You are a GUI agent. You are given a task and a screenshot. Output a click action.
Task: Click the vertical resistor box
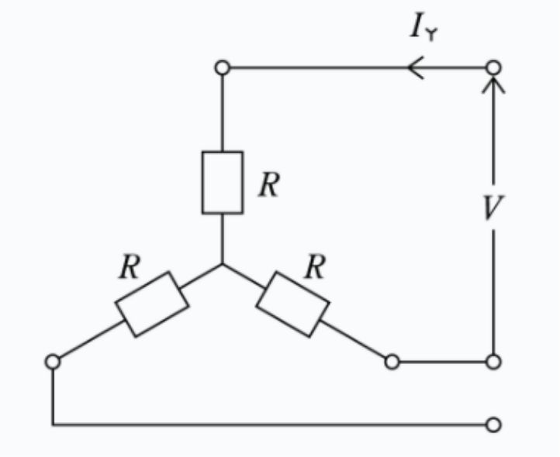pyautogui.click(x=202, y=182)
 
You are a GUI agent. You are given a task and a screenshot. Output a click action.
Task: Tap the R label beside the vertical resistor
pyautogui.click(x=269, y=184)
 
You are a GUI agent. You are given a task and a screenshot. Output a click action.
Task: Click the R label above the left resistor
pyautogui.click(x=130, y=266)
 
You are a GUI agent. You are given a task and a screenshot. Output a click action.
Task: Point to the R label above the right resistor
pyautogui.click(x=315, y=266)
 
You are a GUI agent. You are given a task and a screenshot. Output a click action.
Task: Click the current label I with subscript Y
pyautogui.click(x=424, y=27)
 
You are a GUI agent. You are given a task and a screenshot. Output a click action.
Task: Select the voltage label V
pyautogui.click(x=493, y=208)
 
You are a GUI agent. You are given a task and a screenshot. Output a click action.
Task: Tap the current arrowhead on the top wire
pyautogui.click(x=416, y=67)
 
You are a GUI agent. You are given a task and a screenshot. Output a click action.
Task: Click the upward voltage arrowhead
pyautogui.click(x=493, y=86)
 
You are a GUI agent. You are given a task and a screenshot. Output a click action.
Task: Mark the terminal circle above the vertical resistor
pyautogui.click(x=223, y=60)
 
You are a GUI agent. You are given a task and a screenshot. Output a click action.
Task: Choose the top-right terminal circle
pyautogui.click(x=493, y=60)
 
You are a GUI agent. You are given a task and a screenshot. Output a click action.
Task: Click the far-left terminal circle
pyautogui.click(x=53, y=355)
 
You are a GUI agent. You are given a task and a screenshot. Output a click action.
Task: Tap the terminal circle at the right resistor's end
pyautogui.click(x=392, y=355)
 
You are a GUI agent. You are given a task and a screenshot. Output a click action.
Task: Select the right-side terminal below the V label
pyautogui.click(x=493, y=355)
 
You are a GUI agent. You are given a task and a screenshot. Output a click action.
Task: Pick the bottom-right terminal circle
pyautogui.click(x=493, y=417)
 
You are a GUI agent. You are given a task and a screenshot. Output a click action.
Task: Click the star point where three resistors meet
pyautogui.click(x=223, y=264)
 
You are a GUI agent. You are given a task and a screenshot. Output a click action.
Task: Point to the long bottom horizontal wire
pyautogui.click(x=270, y=424)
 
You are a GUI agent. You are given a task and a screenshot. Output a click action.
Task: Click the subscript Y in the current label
pyautogui.click(x=432, y=35)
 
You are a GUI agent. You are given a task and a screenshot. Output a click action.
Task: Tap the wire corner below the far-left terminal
pyautogui.click(x=54, y=424)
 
